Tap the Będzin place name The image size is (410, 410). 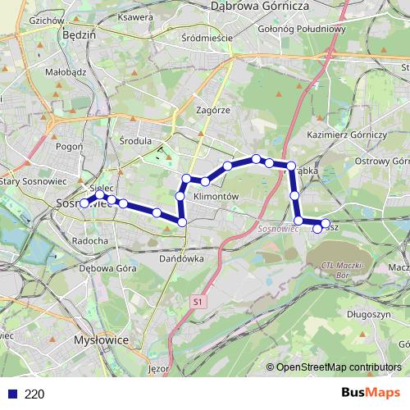(80, 36)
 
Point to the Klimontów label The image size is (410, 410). (215, 197)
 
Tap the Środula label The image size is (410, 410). (135, 140)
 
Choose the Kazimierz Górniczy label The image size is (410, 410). (346, 134)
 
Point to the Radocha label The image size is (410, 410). (90, 241)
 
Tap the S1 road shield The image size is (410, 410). (197, 302)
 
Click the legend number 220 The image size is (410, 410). (34, 394)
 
